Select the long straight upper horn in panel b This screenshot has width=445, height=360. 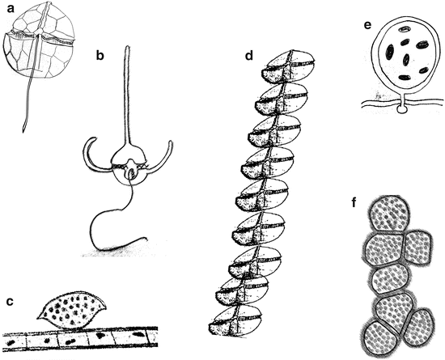[x=129, y=97]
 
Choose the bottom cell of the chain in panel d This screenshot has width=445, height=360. [x=233, y=328]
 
